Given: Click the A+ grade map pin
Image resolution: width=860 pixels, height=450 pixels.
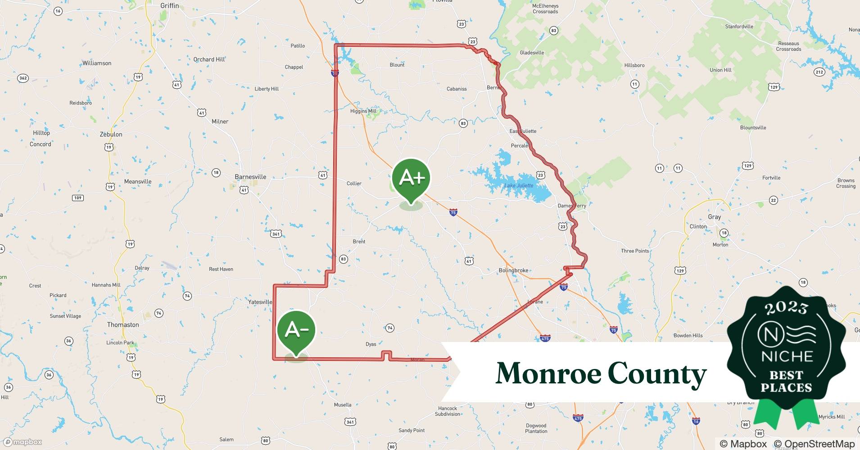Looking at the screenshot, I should [411, 179].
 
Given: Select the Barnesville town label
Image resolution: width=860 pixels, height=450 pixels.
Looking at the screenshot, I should [250, 177].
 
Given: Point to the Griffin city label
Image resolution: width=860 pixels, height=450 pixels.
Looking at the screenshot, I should [170, 5].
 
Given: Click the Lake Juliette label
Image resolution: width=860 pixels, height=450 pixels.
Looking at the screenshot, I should [518, 185].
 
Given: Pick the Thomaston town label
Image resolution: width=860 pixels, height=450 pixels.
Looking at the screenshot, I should [123, 324].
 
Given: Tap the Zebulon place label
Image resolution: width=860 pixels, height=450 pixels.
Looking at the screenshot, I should [111, 134].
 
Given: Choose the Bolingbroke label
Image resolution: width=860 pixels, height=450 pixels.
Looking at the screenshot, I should [513, 270].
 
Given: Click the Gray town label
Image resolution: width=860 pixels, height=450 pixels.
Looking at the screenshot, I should [714, 217].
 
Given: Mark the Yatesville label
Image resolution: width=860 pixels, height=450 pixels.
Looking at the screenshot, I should [260, 302].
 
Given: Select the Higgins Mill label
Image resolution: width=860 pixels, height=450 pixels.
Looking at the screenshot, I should [363, 111].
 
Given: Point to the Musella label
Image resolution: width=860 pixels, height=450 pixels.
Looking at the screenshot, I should [343, 405].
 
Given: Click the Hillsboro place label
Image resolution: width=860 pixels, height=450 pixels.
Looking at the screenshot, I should [634, 65].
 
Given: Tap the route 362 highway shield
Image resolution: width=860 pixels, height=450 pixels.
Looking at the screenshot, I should [23, 78].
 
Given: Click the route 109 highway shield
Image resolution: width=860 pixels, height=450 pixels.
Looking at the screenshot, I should [78, 198].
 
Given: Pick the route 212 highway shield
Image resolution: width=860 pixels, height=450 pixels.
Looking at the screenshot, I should [819, 72].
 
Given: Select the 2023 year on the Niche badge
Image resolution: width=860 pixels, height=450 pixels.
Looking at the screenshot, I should [786, 308].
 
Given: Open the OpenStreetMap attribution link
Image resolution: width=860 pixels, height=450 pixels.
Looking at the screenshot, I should [814, 444].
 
